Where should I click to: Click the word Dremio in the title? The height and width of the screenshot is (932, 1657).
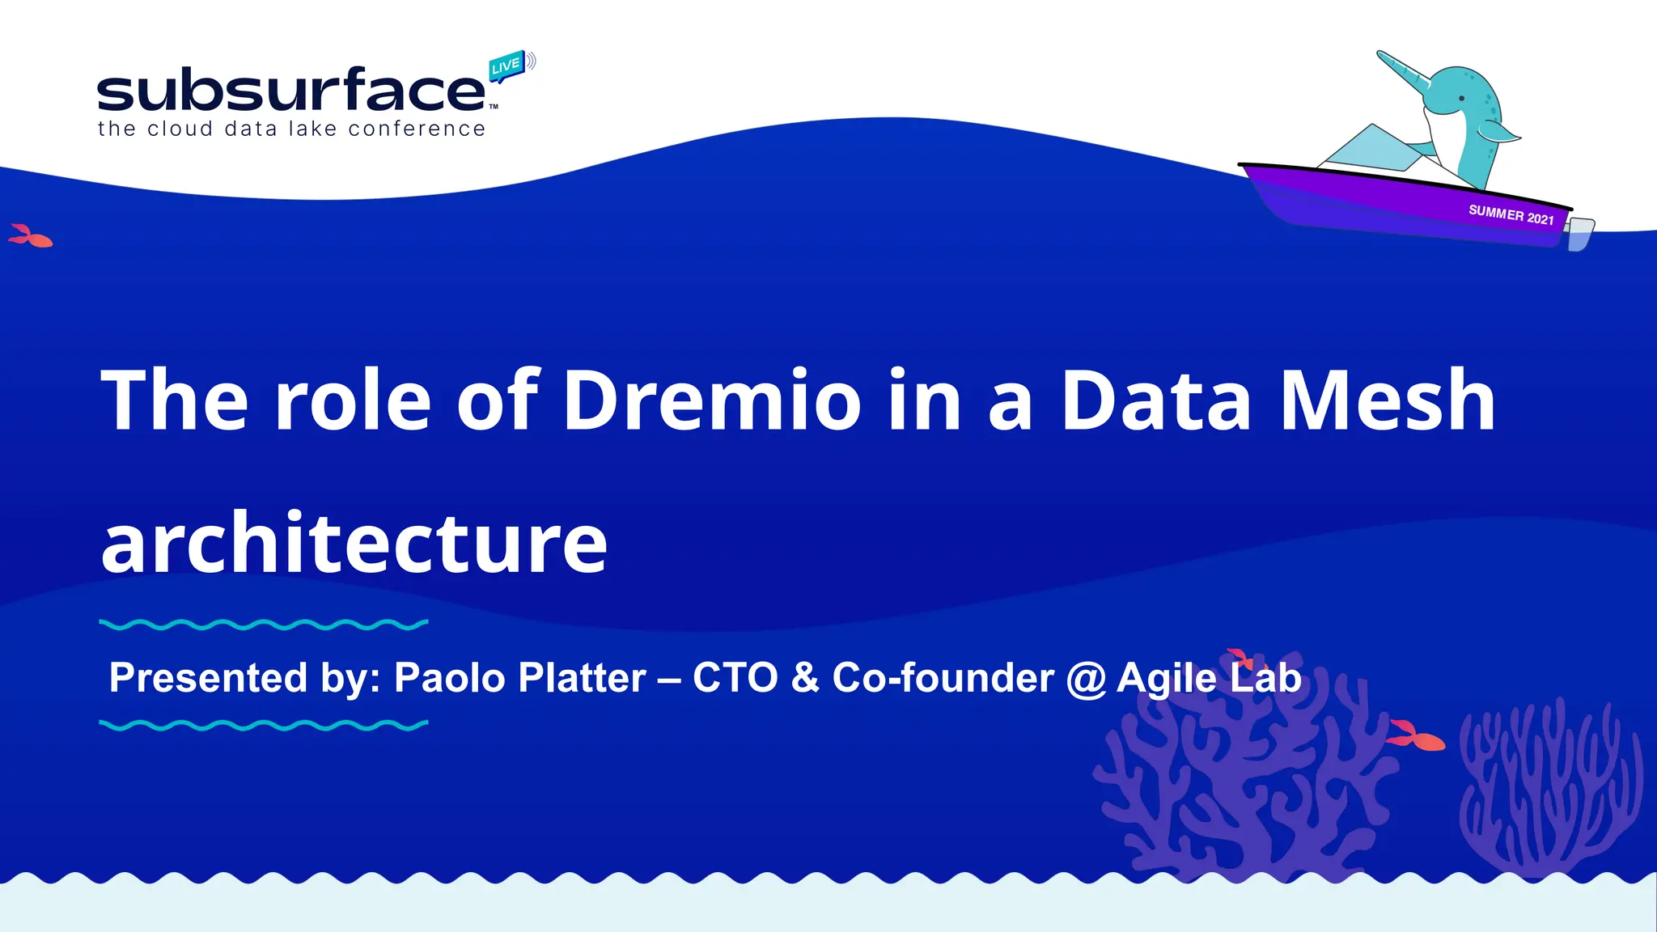pyautogui.click(x=712, y=400)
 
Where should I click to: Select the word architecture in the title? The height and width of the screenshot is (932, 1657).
pyautogui.click(x=354, y=544)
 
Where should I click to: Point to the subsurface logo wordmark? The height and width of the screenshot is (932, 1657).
pyautogui.click(x=291, y=91)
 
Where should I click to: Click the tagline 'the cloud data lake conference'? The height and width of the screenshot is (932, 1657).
pyautogui.click(x=291, y=129)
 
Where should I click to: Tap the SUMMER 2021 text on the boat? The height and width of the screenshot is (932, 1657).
pyautogui.click(x=1511, y=215)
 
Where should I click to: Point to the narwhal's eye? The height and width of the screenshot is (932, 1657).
pyautogui.click(x=1461, y=99)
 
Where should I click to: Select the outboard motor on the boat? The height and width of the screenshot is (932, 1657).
pyautogui.click(x=1579, y=233)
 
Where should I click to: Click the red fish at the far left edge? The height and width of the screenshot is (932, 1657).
pyautogui.click(x=31, y=237)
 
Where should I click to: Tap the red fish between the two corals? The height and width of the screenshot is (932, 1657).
pyautogui.click(x=1416, y=736)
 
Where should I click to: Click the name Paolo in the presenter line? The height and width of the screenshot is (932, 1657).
pyautogui.click(x=450, y=678)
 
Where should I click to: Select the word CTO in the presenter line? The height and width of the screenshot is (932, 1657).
pyautogui.click(x=735, y=678)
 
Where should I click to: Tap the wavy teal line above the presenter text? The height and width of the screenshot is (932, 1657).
pyautogui.click(x=263, y=625)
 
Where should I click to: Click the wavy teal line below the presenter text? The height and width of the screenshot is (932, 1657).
pyautogui.click(x=263, y=726)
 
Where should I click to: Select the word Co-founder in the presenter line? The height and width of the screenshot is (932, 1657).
pyautogui.click(x=943, y=678)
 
